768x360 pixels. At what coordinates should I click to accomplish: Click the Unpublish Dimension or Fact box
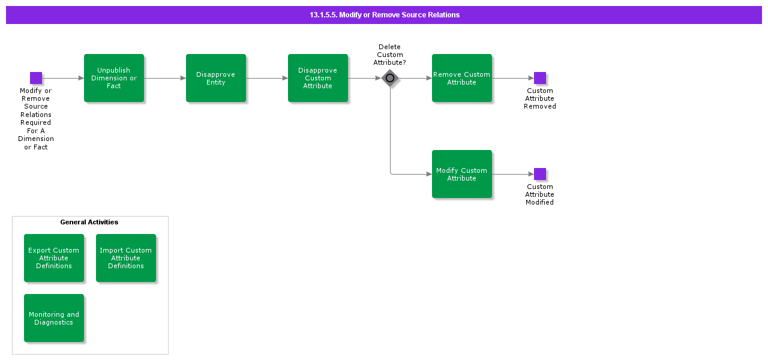coord(114,78)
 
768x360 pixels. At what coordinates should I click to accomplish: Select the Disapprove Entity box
coord(216,78)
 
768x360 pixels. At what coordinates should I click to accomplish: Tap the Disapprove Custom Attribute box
coord(318,78)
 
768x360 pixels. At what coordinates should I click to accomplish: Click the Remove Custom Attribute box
coord(462,78)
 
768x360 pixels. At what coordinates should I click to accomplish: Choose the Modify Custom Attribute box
coord(462,174)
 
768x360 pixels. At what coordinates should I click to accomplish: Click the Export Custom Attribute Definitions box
coord(54,258)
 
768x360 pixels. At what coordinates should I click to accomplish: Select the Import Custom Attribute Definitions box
coord(126,258)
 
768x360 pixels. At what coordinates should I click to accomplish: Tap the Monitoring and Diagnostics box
coord(54,318)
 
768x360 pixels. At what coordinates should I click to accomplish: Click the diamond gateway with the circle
coord(390,78)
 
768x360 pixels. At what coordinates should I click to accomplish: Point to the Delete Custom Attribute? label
coord(390,55)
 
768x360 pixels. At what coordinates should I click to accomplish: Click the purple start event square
coord(36,78)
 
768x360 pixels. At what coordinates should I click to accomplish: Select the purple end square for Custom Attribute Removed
coord(540,78)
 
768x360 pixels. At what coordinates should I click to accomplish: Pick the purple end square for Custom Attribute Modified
coord(540,174)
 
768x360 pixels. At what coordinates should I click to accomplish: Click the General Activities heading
coord(89,222)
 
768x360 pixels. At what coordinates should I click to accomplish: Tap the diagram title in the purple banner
coord(385,15)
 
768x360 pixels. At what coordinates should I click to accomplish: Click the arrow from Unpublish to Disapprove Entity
coord(165,78)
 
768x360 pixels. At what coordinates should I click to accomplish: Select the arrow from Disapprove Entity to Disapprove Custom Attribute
coord(267,78)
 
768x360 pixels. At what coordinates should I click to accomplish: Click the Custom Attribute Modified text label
coord(540,194)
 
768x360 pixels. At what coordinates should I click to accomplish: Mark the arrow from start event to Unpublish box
coord(63,78)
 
